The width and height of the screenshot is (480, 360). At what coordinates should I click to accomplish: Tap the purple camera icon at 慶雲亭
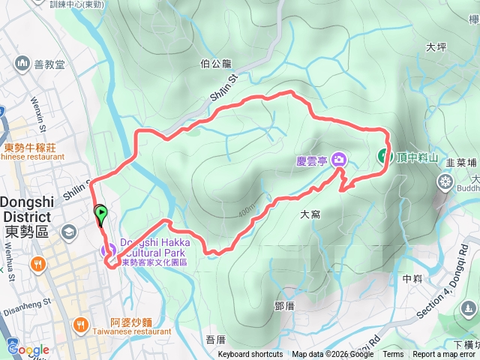click(x=340, y=158)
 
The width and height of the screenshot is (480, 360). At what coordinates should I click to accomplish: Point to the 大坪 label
click(x=436, y=46)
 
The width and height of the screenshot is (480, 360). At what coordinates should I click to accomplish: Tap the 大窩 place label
click(x=310, y=214)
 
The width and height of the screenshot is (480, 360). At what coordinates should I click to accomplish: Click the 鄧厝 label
click(x=285, y=306)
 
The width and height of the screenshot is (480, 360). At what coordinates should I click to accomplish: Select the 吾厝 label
click(x=215, y=340)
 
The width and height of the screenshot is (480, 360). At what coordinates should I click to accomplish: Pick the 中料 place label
click(x=412, y=278)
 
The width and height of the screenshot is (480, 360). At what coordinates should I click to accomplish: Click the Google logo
click(x=28, y=349)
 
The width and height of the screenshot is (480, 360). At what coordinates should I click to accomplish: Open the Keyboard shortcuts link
click(x=250, y=355)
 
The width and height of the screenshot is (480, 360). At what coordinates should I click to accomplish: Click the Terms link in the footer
click(x=393, y=355)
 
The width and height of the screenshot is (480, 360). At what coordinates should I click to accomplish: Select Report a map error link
click(x=444, y=355)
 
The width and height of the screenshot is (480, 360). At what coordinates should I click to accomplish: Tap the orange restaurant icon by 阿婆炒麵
click(x=81, y=325)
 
